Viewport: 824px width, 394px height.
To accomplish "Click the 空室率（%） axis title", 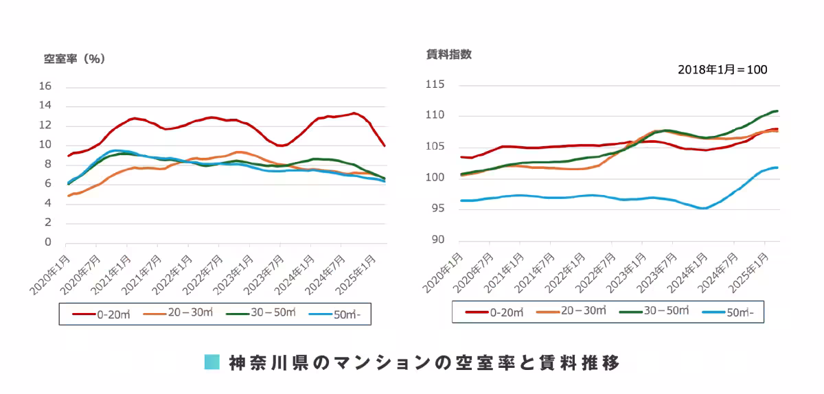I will pyautogui.click(x=74, y=59).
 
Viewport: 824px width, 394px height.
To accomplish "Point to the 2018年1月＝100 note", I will pyautogui.click(x=722, y=70).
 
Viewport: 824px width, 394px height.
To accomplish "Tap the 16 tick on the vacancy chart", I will pyautogui.click(x=46, y=86).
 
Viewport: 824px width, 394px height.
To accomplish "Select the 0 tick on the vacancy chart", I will pyautogui.click(x=48, y=242).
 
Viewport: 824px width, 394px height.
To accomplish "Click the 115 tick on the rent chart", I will pyautogui.click(x=435, y=84).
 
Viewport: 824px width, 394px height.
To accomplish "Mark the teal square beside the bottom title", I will pyautogui.click(x=212, y=362).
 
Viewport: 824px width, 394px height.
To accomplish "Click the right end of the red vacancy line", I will pyautogui.click(x=385, y=146).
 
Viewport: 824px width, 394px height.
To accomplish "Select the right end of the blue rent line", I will pyautogui.click(x=777, y=167).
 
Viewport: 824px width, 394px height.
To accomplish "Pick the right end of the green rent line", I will pyautogui.click(x=777, y=111).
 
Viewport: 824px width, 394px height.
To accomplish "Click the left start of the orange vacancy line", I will pyautogui.click(x=67, y=196).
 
